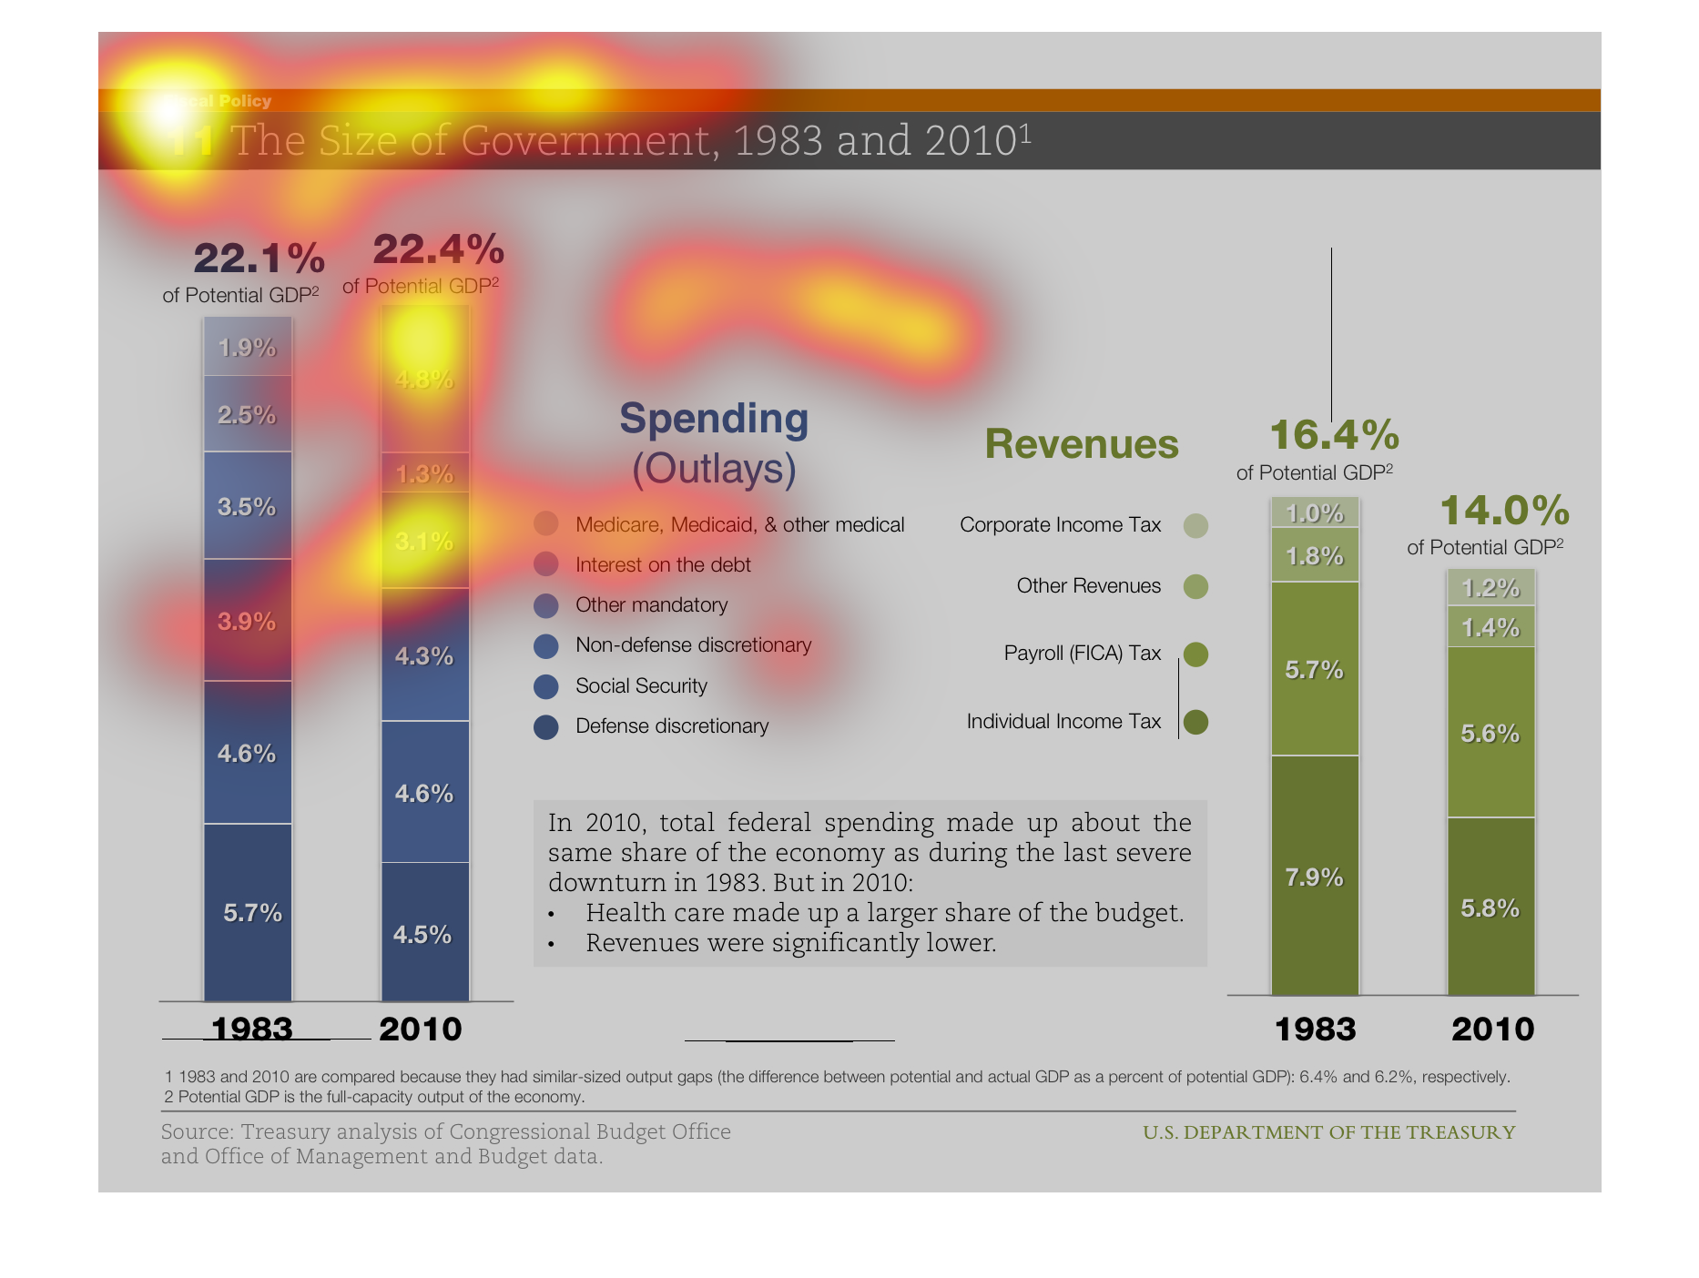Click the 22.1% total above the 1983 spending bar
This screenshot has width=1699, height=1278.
coord(259,259)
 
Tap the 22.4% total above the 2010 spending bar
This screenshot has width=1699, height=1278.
coord(438,249)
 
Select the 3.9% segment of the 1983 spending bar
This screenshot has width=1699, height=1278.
coord(247,622)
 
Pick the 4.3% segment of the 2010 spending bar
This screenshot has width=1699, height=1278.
coord(424,656)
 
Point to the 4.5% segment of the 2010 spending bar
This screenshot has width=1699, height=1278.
coord(422,935)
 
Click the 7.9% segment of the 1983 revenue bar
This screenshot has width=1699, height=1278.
coord(1314,877)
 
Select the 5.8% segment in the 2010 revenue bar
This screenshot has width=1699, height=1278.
coord(1490,908)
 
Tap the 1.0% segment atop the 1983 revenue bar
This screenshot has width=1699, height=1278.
coord(1314,513)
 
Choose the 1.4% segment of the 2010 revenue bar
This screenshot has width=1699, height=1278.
coord(1490,627)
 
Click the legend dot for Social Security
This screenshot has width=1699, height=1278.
coord(545,686)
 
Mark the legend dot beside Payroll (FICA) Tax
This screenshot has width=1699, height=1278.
coord(1195,654)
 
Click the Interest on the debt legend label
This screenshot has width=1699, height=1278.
coord(663,565)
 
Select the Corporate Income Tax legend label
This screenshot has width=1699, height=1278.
coord(1060,525)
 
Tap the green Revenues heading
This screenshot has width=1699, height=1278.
coord(1082,444)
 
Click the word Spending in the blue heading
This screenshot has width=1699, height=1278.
coord(714,419)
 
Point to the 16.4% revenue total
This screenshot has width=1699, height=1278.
coord(1334,435)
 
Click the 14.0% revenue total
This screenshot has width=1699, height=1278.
coord(1504,511)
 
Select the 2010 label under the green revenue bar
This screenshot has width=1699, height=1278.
coord(1492,1029)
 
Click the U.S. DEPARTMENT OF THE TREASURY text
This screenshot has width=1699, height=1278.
coord(1328,1132)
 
